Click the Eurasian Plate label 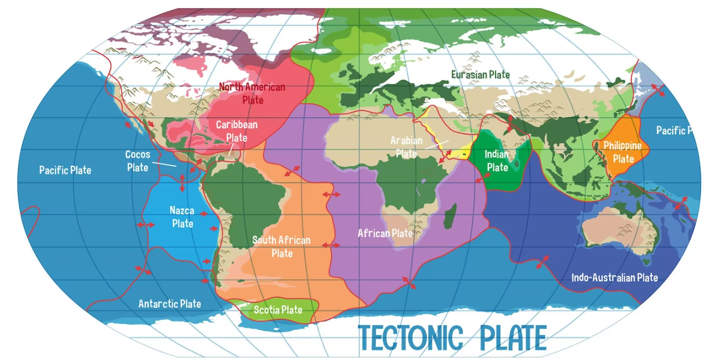[480, 74]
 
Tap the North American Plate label [252, 93]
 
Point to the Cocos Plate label [138, 161]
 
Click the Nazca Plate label [182, 217]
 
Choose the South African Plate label [281, 247]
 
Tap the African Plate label [385, 233]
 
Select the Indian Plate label [497, 161]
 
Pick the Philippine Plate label [623, 152]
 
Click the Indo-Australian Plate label [614, 278]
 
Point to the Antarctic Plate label [169, 304]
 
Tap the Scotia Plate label [277, 310]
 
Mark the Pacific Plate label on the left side [65, 170]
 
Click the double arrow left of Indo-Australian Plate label [542, 262]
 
